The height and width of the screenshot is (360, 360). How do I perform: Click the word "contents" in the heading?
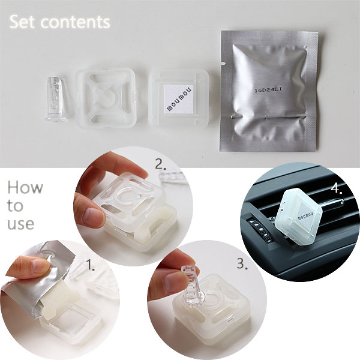76,23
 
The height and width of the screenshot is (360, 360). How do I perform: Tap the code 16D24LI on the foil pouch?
268,90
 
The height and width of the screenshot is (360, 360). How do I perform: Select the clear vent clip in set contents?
56,99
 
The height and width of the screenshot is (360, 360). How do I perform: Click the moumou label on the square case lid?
179,99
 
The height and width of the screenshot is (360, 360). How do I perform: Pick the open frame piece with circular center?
106,98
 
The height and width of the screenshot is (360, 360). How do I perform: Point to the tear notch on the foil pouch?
223,62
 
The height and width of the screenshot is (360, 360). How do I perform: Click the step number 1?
90,265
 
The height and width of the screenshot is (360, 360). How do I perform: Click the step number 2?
160,164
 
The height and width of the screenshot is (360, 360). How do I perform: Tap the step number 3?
242,264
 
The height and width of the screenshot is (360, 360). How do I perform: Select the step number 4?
337,189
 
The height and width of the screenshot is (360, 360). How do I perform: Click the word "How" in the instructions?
25,187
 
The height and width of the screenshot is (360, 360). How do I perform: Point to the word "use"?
20,224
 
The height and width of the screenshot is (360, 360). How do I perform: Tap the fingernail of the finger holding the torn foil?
41,266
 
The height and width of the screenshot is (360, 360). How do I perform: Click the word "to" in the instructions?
15,205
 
